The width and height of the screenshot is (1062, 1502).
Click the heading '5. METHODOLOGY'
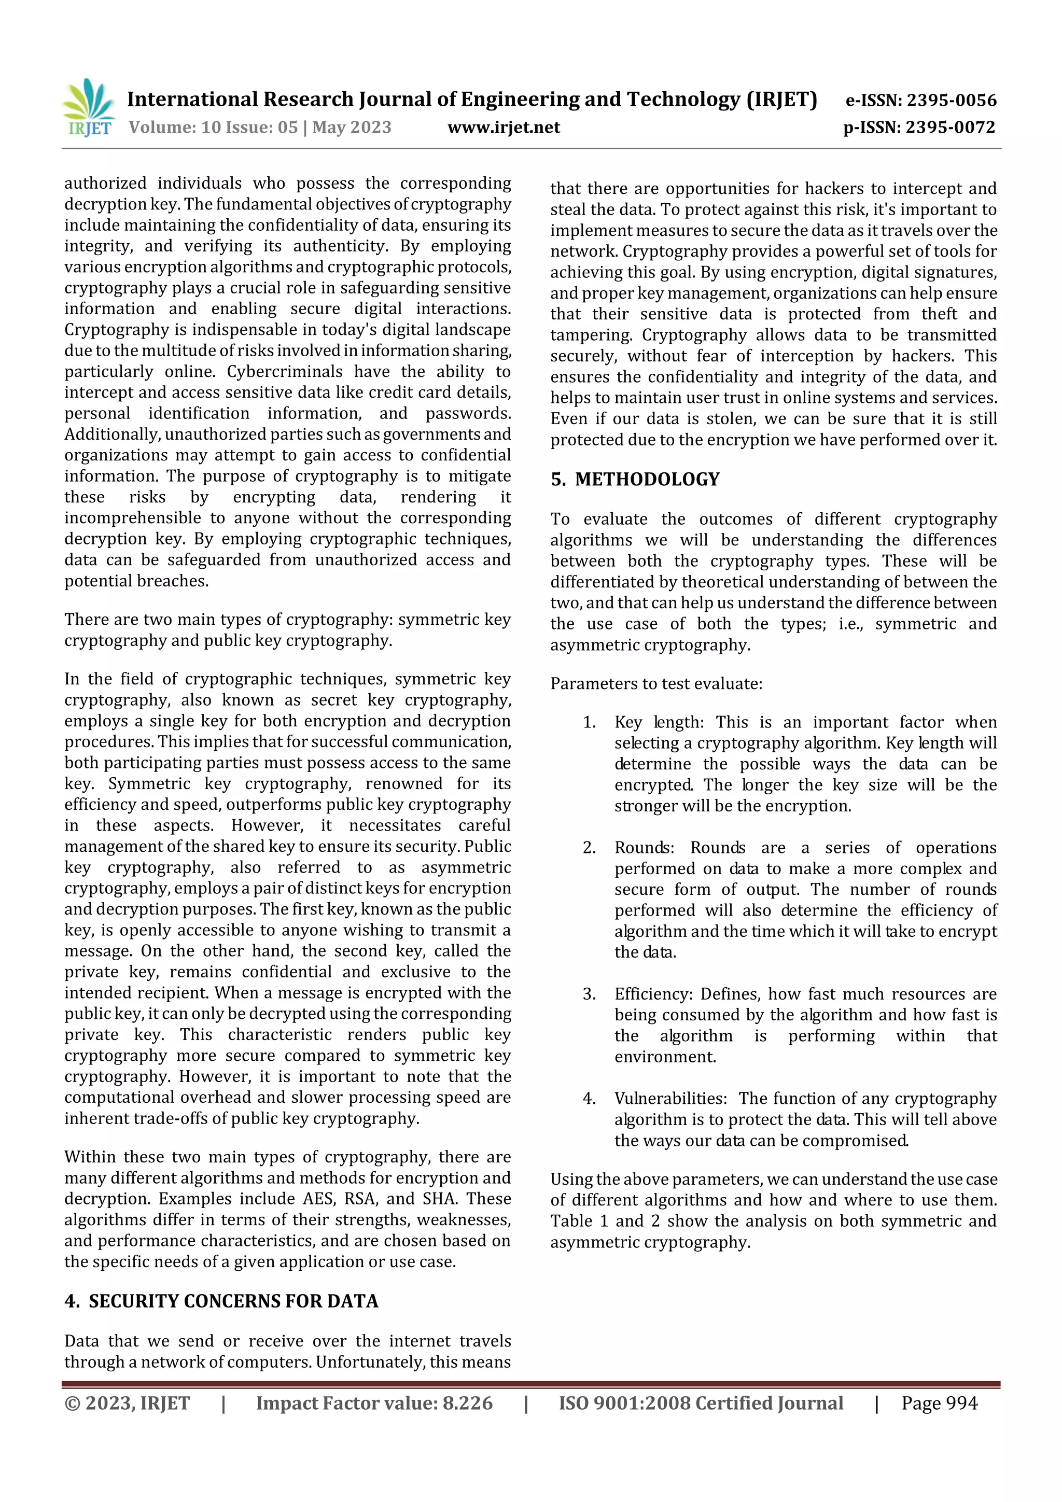tap(634, 480)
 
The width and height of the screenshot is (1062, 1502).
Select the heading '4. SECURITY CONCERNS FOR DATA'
tap(221, 1301)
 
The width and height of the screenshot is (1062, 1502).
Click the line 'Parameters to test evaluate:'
tap(655, 684)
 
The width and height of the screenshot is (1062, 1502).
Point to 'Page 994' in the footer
tap(939, 1403)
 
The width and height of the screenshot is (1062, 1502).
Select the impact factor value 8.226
tap(467, 1403)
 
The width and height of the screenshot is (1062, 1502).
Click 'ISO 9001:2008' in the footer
tap(624, 1403)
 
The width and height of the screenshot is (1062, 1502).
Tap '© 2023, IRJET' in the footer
tap(127, 1403)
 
